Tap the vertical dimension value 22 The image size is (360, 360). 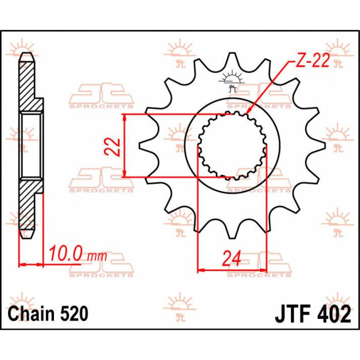pyautogui.click(x=116, y=146)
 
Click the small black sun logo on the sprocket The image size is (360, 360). pyautogui.click(x=231, y=82)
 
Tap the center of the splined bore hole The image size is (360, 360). pyautogui.click(x=232, y=146)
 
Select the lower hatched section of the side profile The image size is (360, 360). pyautogui.click(x=29, y=206)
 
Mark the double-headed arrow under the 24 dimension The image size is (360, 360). pyautogui.click(x=232, y=269)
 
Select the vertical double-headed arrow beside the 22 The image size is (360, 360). pyautogui.click(x=125, y=146)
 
